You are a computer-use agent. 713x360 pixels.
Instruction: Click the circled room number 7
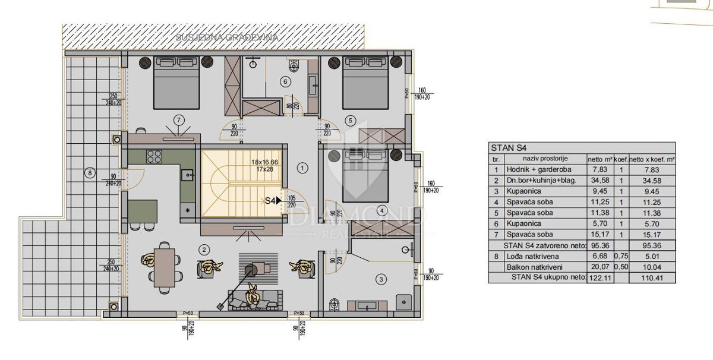pyautogui.click(x=179, y=120)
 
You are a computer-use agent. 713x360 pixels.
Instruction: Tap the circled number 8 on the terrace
pyautogui.click(x=90, y=173)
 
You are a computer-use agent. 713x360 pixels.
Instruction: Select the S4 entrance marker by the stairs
pyautogui.click(x=272, y=201)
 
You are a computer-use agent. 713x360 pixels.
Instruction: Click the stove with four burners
pyautogui.click(x=155, y=157)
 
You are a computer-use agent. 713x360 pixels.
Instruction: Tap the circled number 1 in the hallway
pyautogui.click(x=302, y=168)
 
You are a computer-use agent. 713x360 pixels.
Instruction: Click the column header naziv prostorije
pyautogui.click(x=546, y=159)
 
